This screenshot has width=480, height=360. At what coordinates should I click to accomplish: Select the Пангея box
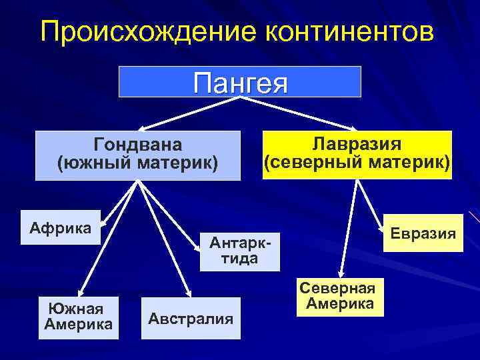[x=240, y=82]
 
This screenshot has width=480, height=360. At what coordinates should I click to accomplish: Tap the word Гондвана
[x=138, y=145]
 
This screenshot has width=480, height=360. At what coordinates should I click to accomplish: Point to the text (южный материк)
[x=138, y=162]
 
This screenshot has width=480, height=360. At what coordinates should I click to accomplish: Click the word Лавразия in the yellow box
[x=357, y=145]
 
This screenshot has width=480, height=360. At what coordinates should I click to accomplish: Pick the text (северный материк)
[x=357, y=162]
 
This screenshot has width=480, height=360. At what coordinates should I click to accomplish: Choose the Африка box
[x=61, y=228]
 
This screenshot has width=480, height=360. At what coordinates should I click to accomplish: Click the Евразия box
[x=423, y=233]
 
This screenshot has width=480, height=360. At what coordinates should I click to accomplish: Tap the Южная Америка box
[x=78, y=317]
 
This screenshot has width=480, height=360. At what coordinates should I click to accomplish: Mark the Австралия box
[x=191, y=319]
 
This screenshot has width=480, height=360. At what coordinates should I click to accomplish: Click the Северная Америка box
[x=337, y=296]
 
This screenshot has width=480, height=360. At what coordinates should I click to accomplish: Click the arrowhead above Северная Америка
[x=339, y=273]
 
